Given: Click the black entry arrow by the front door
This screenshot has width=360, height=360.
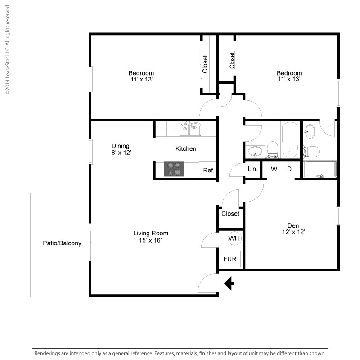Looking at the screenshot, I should pos(229,283).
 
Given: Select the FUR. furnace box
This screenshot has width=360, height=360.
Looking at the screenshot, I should pos(231,259).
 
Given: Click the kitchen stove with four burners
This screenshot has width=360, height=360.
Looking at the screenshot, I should pos(174,169).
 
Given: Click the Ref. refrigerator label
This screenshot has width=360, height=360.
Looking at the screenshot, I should pos(208,171).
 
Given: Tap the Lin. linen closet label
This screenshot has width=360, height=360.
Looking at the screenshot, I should pos(252,169).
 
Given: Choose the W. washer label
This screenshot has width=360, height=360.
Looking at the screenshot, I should pos(274,169).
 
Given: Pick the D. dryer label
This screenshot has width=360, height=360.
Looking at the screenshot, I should pos(290,169).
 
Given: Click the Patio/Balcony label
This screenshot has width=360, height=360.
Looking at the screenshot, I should pos(62,243).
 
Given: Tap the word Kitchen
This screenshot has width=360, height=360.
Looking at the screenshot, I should pos(185,148).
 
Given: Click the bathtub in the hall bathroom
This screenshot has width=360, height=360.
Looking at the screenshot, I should pos(290,139).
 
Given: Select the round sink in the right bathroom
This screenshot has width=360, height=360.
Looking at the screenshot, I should pos(310,132).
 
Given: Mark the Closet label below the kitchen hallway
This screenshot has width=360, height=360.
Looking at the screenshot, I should pos(230,214).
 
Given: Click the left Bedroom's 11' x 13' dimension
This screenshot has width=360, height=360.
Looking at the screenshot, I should pos(141,79).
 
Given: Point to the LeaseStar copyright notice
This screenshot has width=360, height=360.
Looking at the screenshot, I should pos(7,49).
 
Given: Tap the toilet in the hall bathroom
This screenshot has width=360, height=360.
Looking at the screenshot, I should pos(273,150).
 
